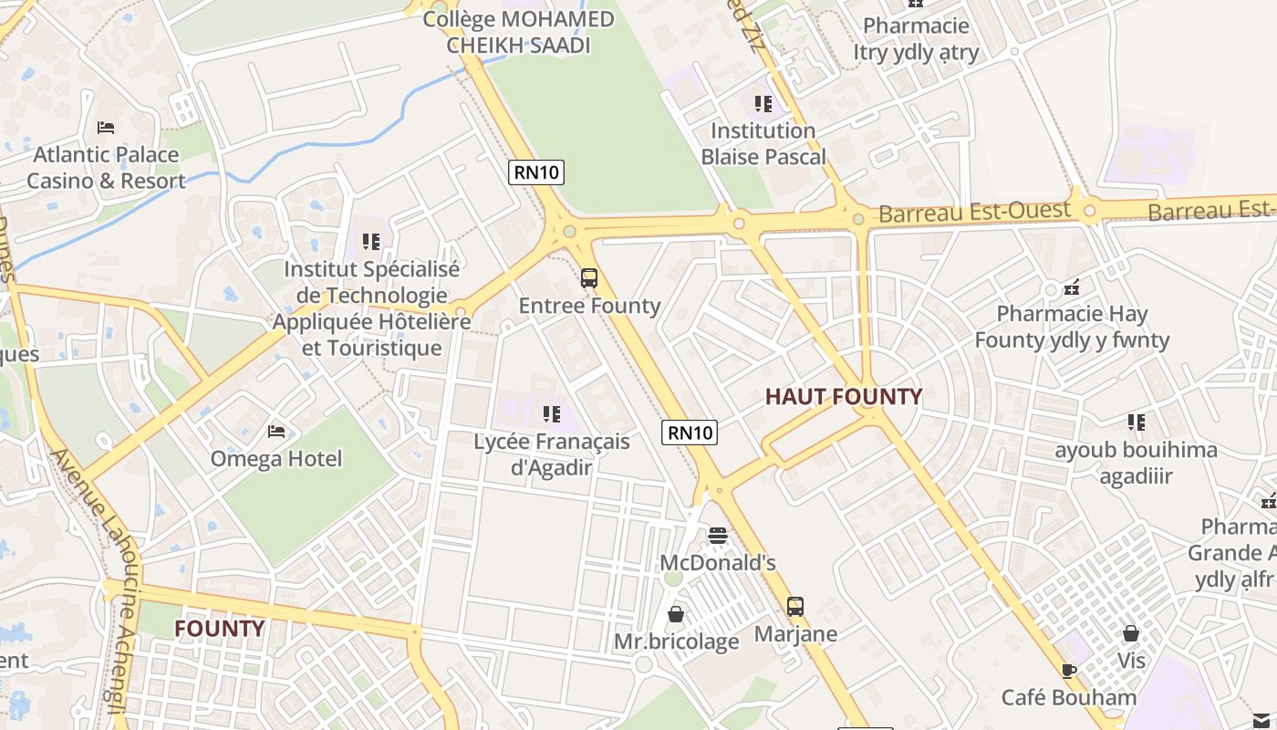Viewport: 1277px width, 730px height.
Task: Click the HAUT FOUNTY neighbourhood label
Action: tap(843, 397)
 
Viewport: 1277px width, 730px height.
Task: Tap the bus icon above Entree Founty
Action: tap(589, 278)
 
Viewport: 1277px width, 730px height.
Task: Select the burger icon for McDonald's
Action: tap(718, 536)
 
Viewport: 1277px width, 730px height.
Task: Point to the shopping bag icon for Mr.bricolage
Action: tap(676, 614)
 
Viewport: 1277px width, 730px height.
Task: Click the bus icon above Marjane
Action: tap(795, 607)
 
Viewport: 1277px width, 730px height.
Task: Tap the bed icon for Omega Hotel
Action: tap(276, 431)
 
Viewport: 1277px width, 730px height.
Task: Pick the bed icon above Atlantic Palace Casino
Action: tap(106, 128)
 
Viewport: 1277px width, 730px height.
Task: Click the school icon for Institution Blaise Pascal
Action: tap(763, 104)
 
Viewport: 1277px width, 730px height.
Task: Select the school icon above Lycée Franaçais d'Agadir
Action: tap(551, 414)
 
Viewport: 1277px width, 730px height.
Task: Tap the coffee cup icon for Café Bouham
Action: tap(1069, 672)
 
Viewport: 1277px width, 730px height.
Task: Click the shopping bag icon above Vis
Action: tap(1131, 633)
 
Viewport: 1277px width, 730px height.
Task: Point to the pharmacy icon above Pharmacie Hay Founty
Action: tap(1072, 287)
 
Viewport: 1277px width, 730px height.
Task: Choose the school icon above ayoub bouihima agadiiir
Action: tap(1136, 422)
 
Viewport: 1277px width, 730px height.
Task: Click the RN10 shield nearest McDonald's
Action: tap(690, 433)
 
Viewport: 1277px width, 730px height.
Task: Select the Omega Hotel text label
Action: tap(276, 458)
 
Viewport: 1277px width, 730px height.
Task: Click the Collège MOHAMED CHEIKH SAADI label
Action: tap(519, 32)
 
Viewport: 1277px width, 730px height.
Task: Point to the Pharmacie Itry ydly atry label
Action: tap(916, 39)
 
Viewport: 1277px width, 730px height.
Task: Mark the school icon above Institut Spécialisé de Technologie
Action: tap(370, 242)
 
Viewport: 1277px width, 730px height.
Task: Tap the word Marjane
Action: tap(795, 633)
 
